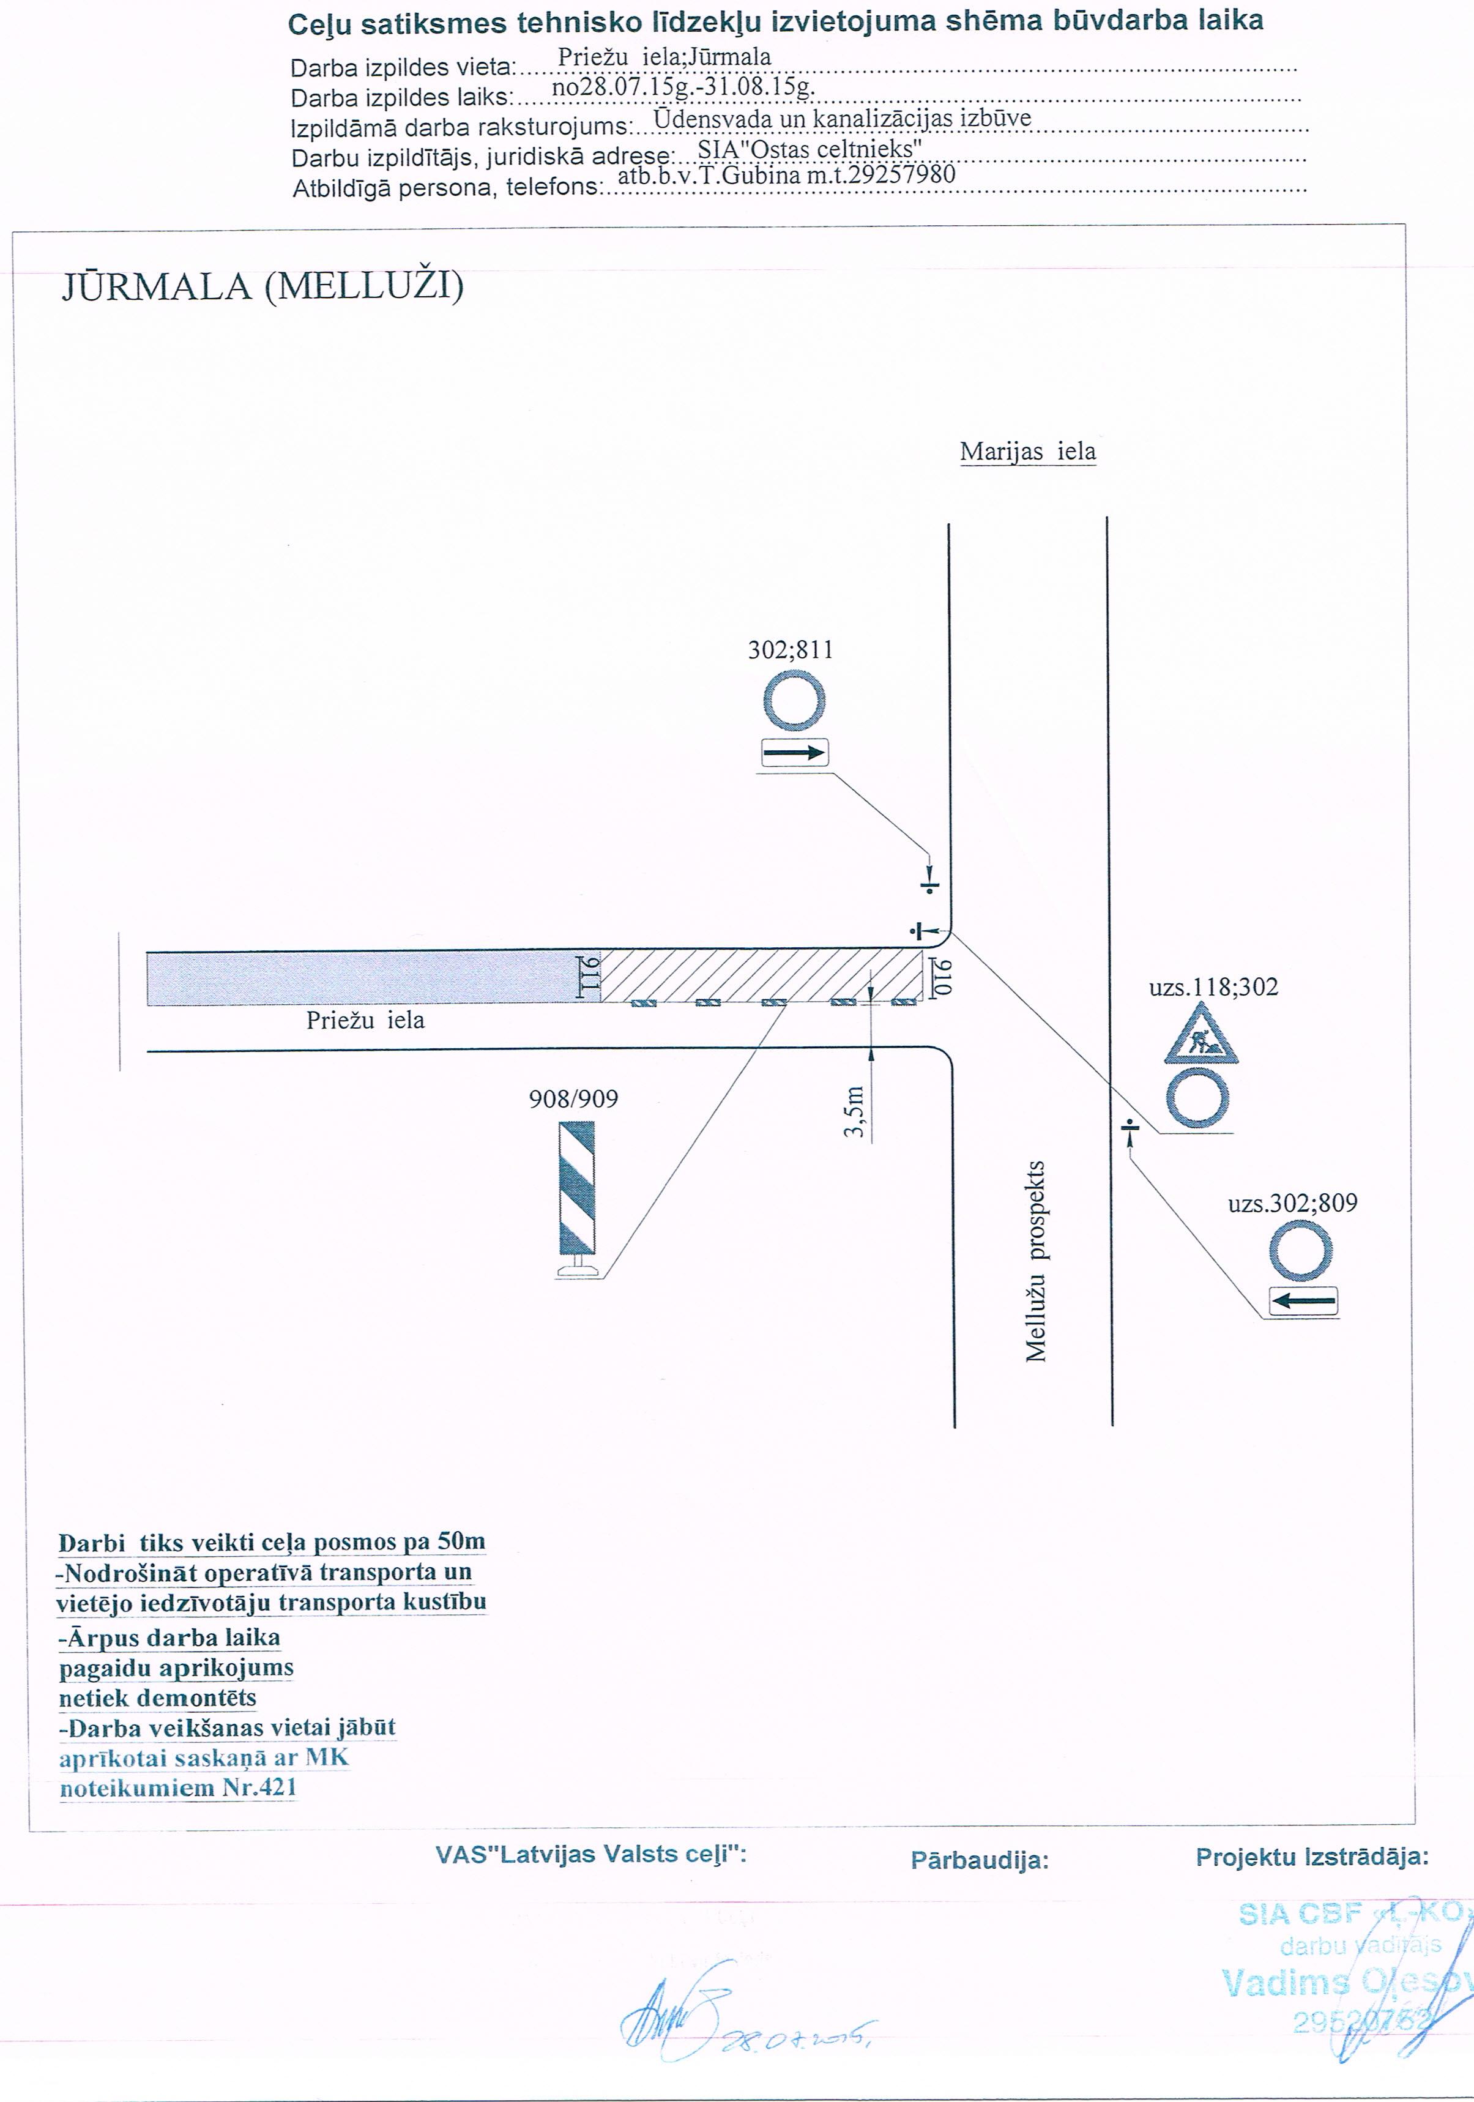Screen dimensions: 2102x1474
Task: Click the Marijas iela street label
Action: (1027, 452)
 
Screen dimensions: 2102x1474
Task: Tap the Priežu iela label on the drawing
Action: (365, 1020)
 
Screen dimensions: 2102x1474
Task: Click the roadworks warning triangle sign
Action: (1201, 1035)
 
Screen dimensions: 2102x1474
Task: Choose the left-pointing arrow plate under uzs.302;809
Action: (1303, 1300)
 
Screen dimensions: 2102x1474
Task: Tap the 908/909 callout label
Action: (573, 1098)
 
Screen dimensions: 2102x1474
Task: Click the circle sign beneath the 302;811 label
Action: (795, 701)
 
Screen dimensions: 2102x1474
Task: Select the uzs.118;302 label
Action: (1213, 987)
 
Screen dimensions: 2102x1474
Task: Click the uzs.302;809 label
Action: (1292, 1203)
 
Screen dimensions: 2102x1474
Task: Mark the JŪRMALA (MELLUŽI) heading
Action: (262, 286)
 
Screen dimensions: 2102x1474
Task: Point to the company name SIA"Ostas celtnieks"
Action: (810, 148)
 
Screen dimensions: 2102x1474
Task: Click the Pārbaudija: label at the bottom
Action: (979, 1860)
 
